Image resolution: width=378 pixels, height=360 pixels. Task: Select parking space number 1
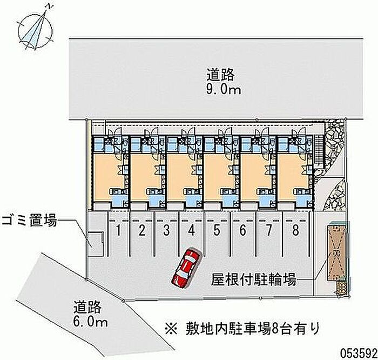click(x=117, y=231)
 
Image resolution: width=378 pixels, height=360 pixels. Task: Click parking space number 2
click(x=141, y=231)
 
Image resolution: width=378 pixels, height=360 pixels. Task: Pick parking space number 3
click(x=167, y=231)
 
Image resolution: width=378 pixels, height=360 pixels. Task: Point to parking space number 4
click(x=192, y=231)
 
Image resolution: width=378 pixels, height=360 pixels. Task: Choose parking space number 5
click(x=217, y=231)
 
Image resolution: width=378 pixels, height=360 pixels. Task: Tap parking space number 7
click(x=268, y=231)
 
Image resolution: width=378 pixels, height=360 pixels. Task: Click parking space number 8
click(x=295, y=231)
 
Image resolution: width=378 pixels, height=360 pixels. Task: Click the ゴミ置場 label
click(x=29, y=221)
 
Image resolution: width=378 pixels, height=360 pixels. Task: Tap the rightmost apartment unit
click(x=295, y=173)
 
